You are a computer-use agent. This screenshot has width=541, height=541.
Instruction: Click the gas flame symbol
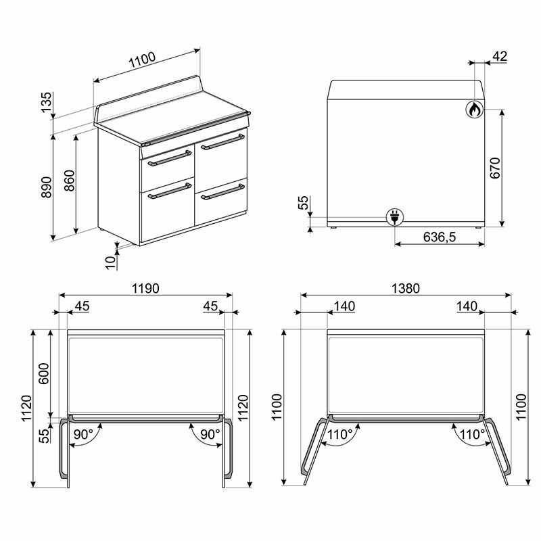(474, 109)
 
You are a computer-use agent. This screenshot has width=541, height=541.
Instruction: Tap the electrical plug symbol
(394, 217)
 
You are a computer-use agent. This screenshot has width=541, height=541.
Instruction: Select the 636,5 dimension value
(440, 237)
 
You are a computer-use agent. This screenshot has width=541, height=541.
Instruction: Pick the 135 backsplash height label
(47, 103)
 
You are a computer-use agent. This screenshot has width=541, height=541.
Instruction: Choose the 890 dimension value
(47, 187)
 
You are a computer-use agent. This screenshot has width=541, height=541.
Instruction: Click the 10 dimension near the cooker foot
(110, 261)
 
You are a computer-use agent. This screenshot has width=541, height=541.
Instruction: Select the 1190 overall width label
(145, 288)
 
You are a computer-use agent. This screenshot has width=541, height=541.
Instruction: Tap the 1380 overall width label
(406, 288)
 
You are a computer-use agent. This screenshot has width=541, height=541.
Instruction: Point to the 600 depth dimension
(45, 371)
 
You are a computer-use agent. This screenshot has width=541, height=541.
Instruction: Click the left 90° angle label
(84, 435)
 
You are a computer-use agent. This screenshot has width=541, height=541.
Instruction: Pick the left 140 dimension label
(344, 306)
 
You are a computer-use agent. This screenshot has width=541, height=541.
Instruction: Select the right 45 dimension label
(210, 306)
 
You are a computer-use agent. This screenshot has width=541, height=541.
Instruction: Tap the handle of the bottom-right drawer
(221, 191)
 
